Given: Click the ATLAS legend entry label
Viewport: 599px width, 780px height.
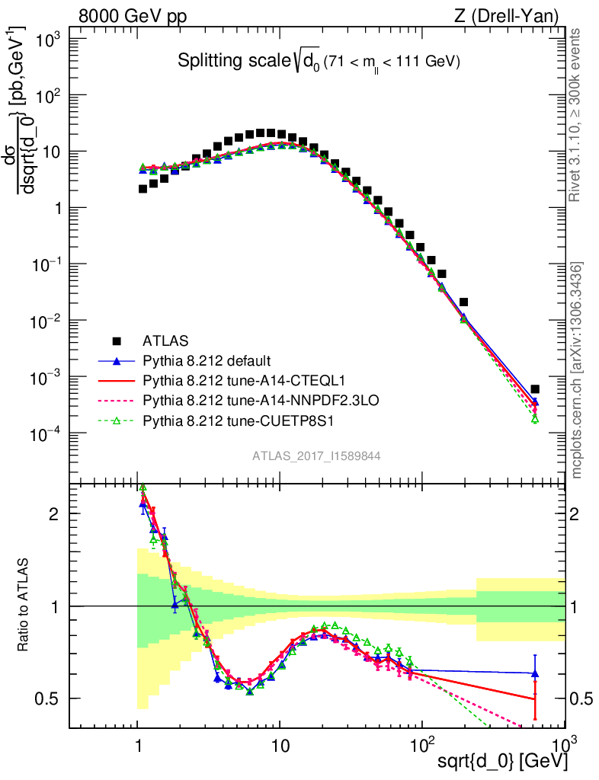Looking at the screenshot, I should (166, 340).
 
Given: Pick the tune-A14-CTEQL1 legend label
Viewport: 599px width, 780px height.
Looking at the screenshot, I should (221, 379).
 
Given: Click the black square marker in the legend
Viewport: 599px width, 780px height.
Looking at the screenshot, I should (117, 340).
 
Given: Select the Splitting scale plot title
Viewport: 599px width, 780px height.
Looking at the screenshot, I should (319, 62).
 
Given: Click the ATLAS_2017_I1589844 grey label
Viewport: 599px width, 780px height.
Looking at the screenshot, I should (316, 456).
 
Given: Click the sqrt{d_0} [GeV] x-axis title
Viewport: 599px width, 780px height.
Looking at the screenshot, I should (501, 761).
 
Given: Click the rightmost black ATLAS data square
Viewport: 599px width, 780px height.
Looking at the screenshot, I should (535, 389).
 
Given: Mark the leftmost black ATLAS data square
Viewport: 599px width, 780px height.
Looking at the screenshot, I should (143, 189).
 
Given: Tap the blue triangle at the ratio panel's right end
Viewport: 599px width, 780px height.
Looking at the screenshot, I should (535, 673).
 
